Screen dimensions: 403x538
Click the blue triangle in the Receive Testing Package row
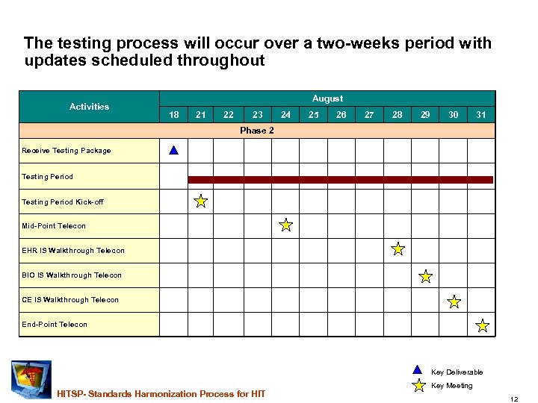(x=173, y=150)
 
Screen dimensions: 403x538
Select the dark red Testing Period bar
(x=340, y=179)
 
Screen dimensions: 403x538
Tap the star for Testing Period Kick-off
(x=201, y=201)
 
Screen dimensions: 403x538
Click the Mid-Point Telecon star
(x=285, y=225)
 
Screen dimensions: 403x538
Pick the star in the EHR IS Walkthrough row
(x=398, y=249)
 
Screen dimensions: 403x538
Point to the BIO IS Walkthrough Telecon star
(x=426, y=277)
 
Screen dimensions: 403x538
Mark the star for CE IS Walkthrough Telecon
(x=454, y=302)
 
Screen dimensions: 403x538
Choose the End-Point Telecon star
(x=483, y=325)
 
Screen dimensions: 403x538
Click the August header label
(x=327, y=99)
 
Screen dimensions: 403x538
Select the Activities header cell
(x=89, y=107)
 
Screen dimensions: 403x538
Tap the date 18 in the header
(x=173, y=115)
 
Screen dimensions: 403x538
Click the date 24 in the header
(x=285, y=115)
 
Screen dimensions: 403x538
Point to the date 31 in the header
(x=481, y=115)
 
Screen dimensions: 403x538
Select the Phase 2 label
(x=256, y=131)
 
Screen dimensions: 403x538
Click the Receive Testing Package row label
(x=67, y=151)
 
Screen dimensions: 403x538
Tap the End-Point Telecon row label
(x=55, y=325)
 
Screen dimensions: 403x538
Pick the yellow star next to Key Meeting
(x=419, y=386)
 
